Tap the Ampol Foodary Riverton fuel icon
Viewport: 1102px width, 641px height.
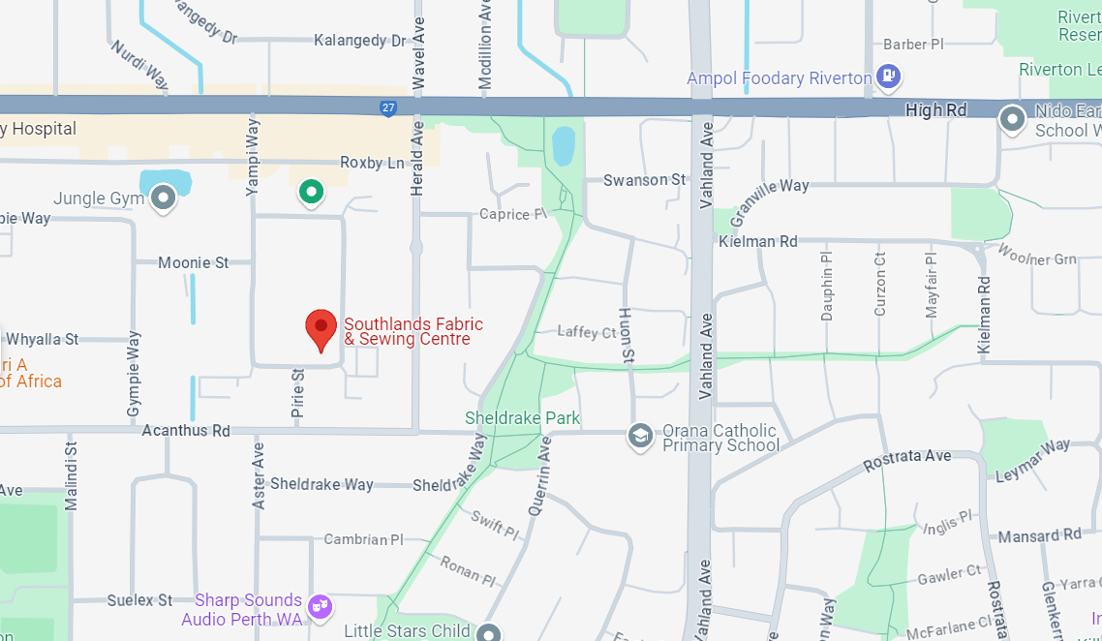(888, 76)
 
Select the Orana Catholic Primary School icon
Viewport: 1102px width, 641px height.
(639, 437)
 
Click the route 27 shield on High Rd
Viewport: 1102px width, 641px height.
(388, 109)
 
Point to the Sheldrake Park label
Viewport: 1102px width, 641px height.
(522, 418)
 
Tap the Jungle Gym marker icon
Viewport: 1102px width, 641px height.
(163, 198)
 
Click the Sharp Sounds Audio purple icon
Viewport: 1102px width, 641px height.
(319, 607)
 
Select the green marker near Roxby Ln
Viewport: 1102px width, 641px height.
(310, 192)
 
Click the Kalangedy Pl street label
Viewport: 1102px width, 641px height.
(360, 41)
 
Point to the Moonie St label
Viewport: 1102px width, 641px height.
(194, 262)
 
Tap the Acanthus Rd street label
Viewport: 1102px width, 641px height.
(186, 430)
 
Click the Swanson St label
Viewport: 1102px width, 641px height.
(644, 180)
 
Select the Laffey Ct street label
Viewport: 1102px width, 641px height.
(587, 332)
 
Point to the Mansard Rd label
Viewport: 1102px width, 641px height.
(1039, 535)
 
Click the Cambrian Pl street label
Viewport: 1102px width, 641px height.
(363, 539)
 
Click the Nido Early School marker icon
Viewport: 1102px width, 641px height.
(1012, 119)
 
